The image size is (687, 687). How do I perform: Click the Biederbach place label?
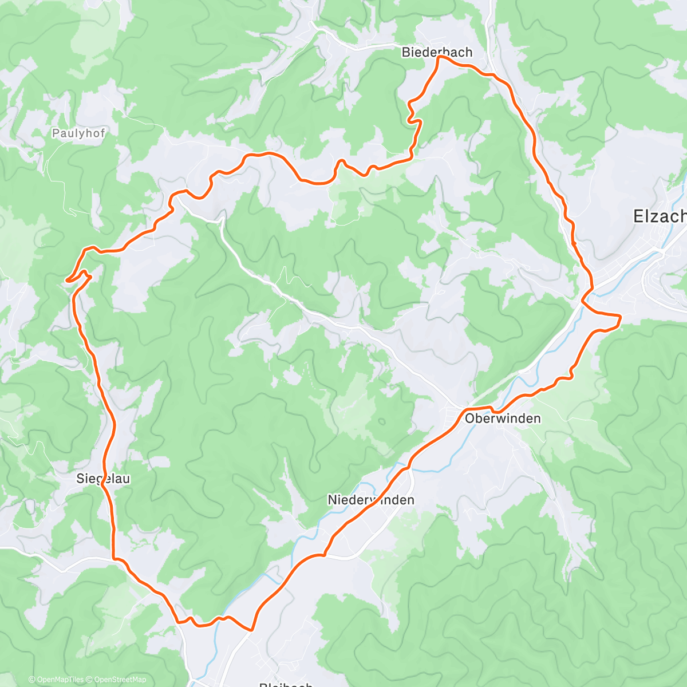click(437, 52)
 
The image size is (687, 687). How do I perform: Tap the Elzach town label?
click(660, 216)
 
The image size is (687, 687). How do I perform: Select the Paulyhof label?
click(78, 133)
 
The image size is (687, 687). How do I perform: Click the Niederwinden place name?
click(370, 500)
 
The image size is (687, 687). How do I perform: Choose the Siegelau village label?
click(103, 479)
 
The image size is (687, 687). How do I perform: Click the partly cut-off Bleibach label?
click(286, 684)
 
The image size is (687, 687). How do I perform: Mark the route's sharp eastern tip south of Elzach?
click(621, 316)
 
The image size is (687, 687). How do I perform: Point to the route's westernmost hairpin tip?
click(67, 281)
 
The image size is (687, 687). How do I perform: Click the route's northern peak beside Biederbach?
click(439, 57)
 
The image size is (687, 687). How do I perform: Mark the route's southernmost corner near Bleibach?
click(251, 630)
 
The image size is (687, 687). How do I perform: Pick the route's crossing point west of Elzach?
click(584, 298)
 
